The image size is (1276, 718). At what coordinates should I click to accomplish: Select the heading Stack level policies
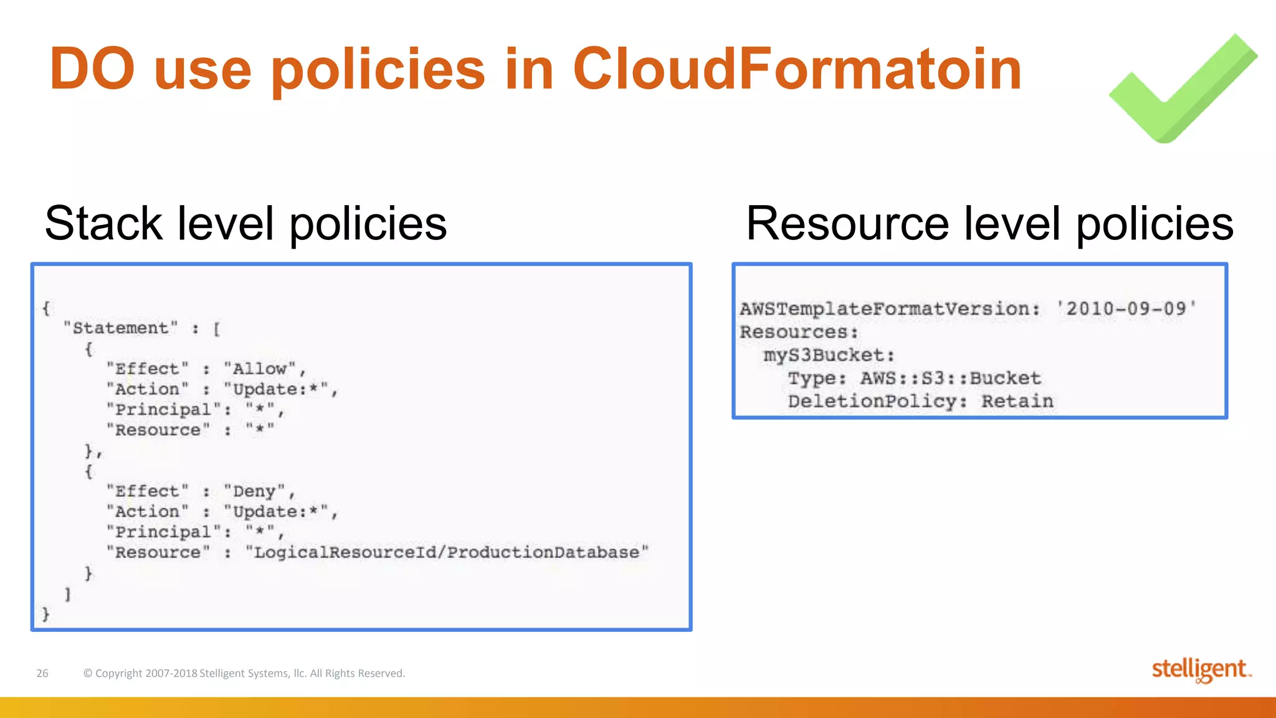tap(245, 223)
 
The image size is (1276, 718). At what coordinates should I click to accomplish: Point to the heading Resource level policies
tap(989, 223)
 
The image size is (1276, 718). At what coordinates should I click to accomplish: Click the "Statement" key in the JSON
tap(121, 328)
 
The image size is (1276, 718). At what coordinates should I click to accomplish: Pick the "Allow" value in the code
tap(260, 368)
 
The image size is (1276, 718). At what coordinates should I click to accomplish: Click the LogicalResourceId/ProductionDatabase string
tap(447, 552)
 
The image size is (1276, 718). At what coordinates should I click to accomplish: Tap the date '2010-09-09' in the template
tap(1126, 309)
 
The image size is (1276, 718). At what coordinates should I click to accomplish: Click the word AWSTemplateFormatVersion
tap(888, 309)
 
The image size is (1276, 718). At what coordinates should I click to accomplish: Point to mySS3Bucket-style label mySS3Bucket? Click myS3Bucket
tap(829, 355)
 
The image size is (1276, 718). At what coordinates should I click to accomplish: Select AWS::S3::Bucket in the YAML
tap(950, 378)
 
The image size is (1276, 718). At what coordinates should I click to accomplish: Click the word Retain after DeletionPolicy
tap(1017, 401)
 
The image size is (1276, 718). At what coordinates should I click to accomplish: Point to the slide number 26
tap(42, 673)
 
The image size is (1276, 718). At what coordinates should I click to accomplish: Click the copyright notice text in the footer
tap(244, 673)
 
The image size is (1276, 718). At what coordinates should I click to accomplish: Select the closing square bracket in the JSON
tap(68, 594)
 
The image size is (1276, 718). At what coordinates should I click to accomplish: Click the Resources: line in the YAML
tap(799, 332)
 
